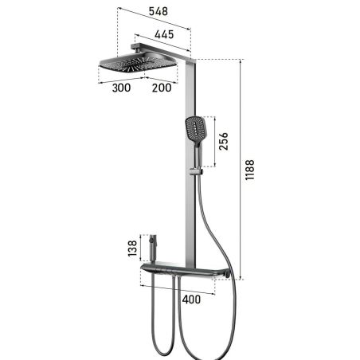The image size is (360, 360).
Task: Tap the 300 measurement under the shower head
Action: click(x=122, y=88)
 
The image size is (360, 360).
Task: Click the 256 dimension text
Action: click(x=225, y=142)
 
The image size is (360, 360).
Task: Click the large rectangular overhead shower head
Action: click(x=137, y=65)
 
